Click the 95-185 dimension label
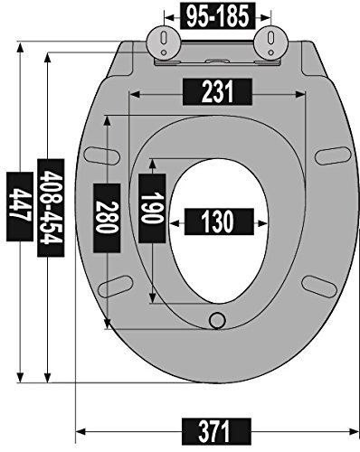coord(217,15)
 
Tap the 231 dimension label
coord(217,92)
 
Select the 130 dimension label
coord(219,222)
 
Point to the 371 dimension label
coord(216,431)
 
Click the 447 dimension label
coord(20,206)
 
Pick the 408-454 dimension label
coord(51,208)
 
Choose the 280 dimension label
coord(107,218)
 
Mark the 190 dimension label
coord(152,208)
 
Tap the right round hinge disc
coord(271,42)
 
